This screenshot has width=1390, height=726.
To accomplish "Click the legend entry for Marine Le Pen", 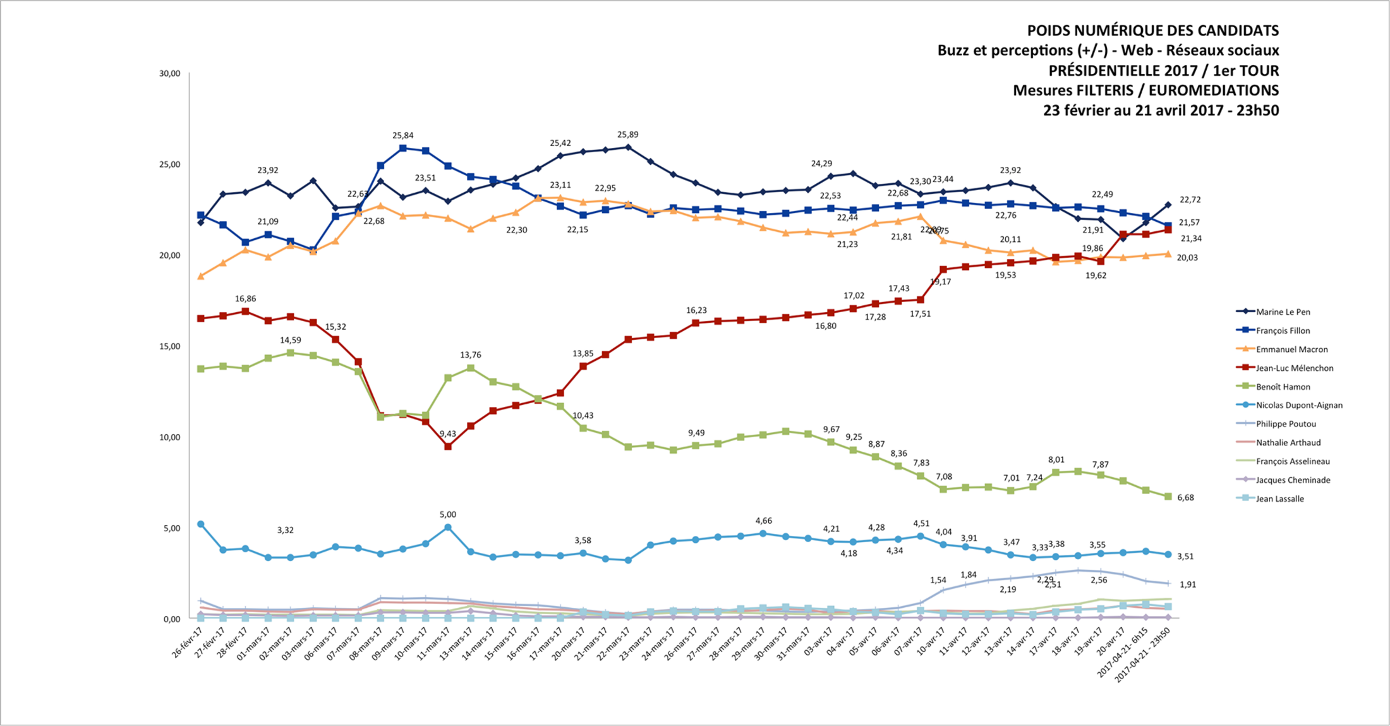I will [1283, 312].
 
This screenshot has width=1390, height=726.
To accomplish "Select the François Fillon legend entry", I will [1283, 330].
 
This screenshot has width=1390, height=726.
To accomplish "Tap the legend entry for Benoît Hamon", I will [1283, 387].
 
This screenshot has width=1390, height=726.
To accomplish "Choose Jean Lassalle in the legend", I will [1279, 499].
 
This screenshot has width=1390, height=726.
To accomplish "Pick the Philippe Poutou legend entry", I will [1286, 424].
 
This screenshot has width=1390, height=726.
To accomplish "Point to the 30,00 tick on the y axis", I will [169, 74].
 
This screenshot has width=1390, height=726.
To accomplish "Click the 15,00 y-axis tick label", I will [169, 346].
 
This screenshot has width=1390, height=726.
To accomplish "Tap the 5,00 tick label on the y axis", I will [172, 528].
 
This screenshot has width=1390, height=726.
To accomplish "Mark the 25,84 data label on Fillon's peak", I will [403, 136].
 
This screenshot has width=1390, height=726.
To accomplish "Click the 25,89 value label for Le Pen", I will [627, 135].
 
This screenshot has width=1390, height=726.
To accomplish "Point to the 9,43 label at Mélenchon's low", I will [447, 434].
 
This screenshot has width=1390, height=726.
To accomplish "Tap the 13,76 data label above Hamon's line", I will [470, 355].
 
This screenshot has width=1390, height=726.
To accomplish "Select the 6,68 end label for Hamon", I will [1185, 498].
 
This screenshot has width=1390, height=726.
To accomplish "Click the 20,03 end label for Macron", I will [1187, 258].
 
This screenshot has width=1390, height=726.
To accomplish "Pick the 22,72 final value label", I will [1190, 200].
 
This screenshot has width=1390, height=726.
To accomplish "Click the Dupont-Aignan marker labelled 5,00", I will [448, 527].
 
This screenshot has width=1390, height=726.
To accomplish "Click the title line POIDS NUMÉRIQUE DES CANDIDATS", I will [1152, 30].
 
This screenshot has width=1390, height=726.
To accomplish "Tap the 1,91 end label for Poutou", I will [1188, 585].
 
